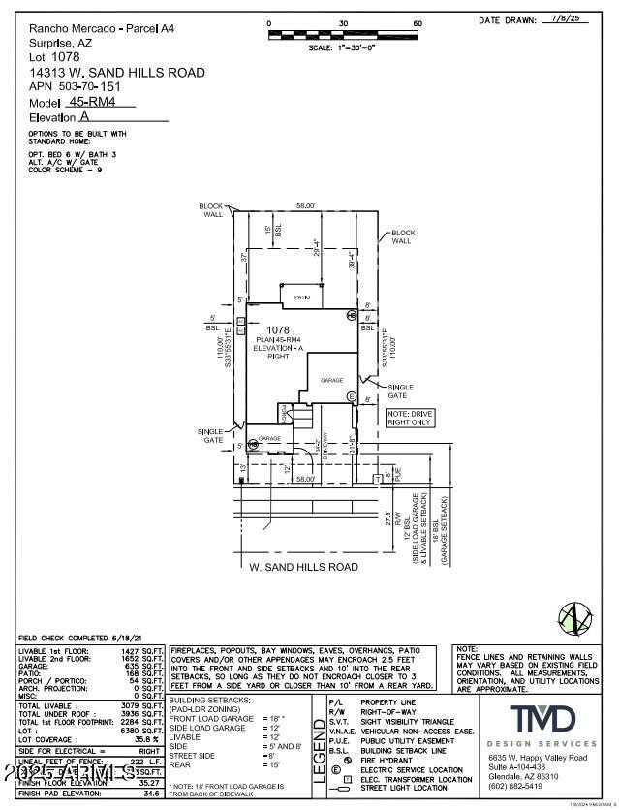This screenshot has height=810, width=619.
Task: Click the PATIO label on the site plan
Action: tap(301, 297)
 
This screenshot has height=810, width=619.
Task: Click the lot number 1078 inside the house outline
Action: tap(279, 329)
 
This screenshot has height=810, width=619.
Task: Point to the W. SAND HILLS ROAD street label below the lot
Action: tap(303, 567)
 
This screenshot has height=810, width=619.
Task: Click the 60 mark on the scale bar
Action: tap(418, 23)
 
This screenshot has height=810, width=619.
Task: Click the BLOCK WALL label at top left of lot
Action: tap(211, 210)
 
